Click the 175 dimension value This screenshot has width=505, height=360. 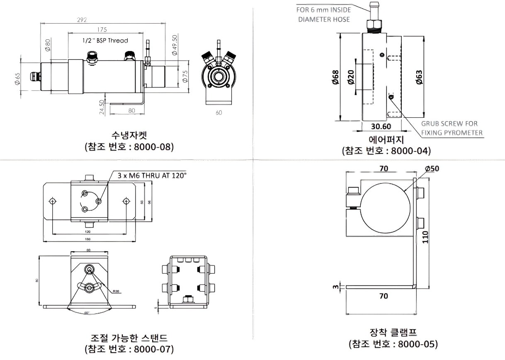(102, 29)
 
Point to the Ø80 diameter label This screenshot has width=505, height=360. (48, 44)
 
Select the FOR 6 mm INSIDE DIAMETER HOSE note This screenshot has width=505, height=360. (323, 14)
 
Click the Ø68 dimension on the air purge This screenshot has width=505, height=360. (336, 78)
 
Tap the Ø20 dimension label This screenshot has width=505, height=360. (351, 78)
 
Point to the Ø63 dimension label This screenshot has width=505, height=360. (419, 78)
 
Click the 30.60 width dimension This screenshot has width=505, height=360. (381, 126)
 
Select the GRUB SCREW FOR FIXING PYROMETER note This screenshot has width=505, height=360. (452, 128)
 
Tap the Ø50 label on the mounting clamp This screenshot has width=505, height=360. (432, 168)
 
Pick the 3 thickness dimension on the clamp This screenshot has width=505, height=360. (337, 286)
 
